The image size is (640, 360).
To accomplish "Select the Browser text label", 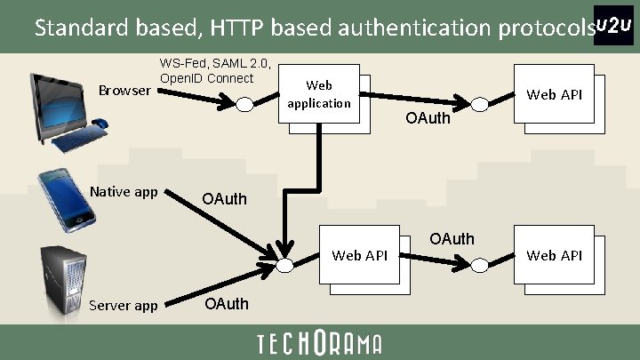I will tap(124, 90).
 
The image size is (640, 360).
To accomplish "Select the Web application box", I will tap(319, 95).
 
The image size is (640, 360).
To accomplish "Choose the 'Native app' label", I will tap(124, 191).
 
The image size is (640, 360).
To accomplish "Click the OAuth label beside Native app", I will tap(224, 198).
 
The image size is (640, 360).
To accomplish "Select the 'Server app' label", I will tap(124, 306).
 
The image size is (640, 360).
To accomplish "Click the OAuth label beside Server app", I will tap(227, 305).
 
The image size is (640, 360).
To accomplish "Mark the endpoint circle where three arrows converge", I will tap(284, 265).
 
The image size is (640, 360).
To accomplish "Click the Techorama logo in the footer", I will tap(319, 343).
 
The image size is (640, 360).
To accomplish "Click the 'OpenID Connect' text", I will tap(206, 78).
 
